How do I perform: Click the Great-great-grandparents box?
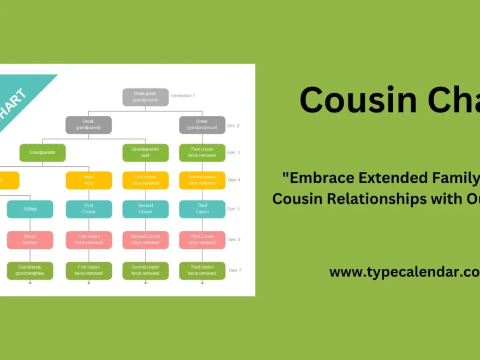point(145,97)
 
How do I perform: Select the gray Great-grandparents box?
point(88,125)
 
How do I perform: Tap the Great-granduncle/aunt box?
point(202,125)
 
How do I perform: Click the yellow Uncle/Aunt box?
point(88,181)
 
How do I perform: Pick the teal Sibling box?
point(30,209)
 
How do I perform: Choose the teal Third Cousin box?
point(202,209)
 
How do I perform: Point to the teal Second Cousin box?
point(145,209)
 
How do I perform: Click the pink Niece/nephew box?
point(30,239)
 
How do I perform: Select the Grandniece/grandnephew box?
point(30,271)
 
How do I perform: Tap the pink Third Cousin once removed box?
point(202,239)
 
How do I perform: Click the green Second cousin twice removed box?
point(145,271)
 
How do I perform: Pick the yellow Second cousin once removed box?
point(202,181)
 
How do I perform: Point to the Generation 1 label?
point(182,95)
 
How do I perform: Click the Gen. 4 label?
point(234,180)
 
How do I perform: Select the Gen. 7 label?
point(235,271)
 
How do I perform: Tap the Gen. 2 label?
point(233,125)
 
